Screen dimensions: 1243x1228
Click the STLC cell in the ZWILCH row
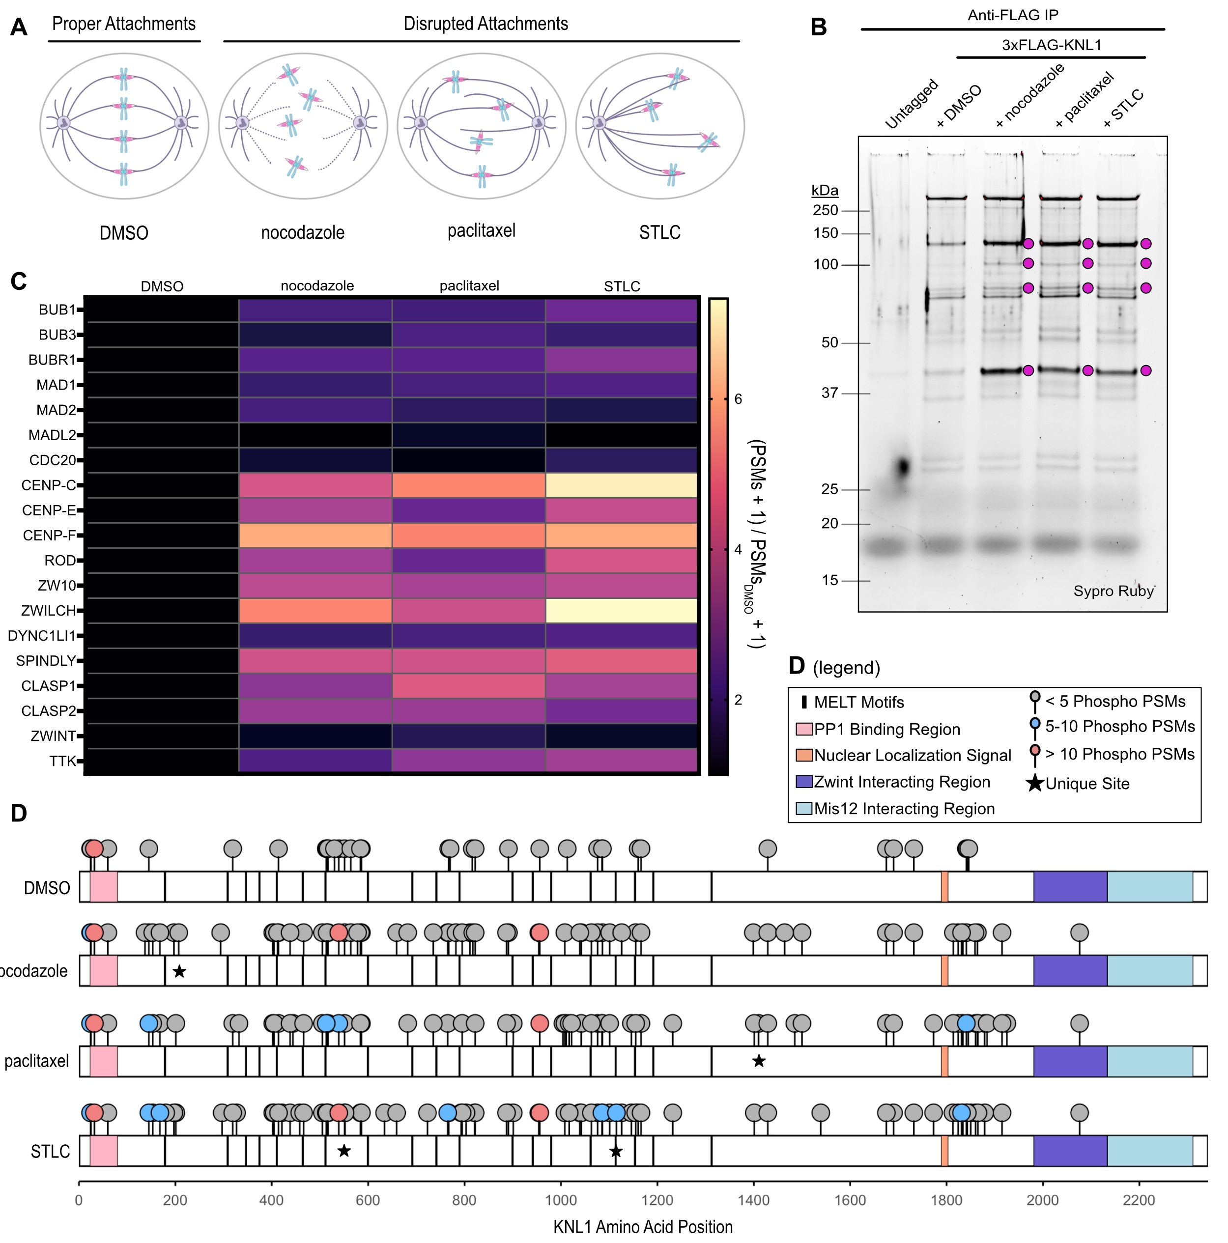[621, 611]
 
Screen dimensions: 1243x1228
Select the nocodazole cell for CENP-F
[315, 536]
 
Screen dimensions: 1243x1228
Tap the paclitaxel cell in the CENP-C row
[468, 485]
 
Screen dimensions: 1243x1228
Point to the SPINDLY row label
[46, 661]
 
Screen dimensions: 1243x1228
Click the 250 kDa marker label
[825, 210]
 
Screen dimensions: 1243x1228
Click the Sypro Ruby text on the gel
[1113, 591]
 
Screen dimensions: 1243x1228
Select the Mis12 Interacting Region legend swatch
[804, 809]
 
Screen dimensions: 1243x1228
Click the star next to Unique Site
[1034, 783]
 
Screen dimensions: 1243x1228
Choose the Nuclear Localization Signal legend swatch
[804, 755]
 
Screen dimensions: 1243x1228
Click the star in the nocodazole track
[179, 971]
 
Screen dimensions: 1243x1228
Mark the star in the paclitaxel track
[759, 1061]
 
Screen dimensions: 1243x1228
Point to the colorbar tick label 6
[738, 399]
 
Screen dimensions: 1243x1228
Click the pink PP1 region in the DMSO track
[104, 887]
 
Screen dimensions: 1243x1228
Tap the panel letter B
[818, 27]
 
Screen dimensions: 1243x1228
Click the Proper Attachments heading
[123, 24]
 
